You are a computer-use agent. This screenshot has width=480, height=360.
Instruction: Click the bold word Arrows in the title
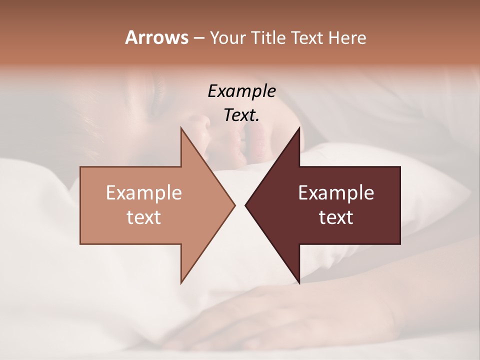(156, 38)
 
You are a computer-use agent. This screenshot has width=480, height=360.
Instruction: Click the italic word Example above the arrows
(241, 91)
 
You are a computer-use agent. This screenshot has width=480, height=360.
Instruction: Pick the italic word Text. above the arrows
(241, 115)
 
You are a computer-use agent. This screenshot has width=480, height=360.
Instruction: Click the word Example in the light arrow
(144, 193)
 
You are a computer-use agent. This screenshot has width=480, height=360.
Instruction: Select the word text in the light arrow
(144, 217)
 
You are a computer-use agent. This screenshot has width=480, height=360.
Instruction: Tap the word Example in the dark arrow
(336, 193)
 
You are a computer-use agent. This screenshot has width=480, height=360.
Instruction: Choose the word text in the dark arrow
(336, 217)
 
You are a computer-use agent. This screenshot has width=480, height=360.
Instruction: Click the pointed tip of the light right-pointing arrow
(234, 205)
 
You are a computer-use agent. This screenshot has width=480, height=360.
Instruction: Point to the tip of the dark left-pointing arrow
(245, 205)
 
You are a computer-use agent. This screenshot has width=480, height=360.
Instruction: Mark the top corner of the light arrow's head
(181, 128)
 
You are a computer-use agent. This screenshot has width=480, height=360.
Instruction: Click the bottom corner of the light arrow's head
(181, 283)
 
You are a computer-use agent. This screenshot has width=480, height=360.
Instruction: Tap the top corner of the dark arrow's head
(299, 128)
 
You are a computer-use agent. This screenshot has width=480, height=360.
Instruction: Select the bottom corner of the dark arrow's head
(299, 283)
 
